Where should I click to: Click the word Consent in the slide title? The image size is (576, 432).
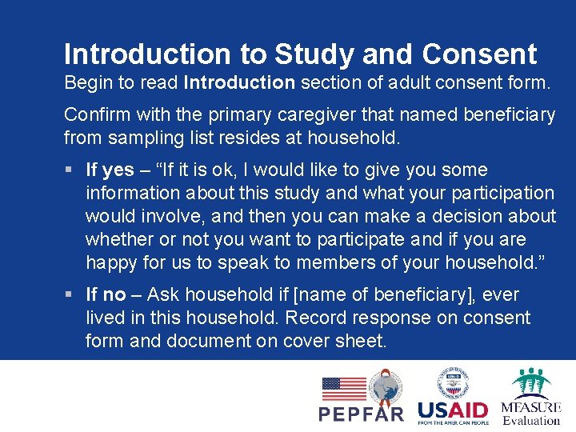pos(479,54)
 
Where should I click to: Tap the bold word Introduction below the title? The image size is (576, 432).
pos(239,82)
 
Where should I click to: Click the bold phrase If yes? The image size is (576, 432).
pos(110,170)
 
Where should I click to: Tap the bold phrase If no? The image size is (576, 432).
pos(106,295)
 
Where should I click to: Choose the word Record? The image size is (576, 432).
pos(319,318)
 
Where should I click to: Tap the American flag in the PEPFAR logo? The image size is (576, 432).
pos(343,389)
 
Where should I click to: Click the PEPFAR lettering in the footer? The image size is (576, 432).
pos(362,414)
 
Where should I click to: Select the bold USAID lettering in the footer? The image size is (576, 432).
pos(453,410)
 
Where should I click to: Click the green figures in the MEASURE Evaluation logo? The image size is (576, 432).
pos(531,381)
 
